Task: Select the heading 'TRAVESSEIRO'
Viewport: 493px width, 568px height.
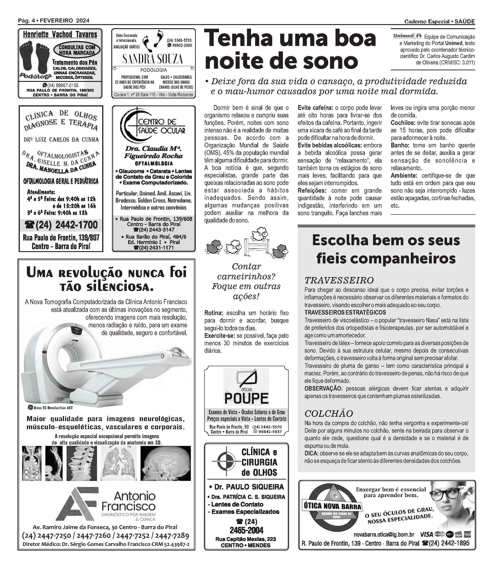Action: point(339,280)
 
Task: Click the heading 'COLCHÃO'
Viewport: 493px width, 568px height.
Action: point(328,414)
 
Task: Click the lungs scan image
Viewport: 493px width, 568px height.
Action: point(118,464)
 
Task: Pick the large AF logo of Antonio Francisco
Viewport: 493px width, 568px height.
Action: point(78,504)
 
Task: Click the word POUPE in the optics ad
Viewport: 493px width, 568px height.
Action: point(246,398)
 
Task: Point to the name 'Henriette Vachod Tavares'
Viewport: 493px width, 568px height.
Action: point(60,35)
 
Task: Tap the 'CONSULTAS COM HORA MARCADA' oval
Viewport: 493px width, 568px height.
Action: point(76,50)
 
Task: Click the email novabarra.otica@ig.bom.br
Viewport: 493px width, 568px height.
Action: point(384,543)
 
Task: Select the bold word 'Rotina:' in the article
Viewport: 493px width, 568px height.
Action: point(213,313)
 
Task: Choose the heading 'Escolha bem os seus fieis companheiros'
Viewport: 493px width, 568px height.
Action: point(386,249)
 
